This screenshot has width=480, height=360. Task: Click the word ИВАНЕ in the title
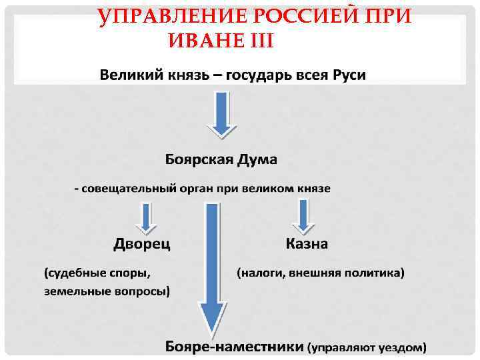coord(205,41)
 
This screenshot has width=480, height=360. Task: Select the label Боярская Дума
coord(221,160)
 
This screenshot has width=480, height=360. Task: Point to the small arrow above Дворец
coord(145,217)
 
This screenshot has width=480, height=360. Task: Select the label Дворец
coord(141,243)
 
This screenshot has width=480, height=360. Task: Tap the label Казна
coord(307,243)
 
